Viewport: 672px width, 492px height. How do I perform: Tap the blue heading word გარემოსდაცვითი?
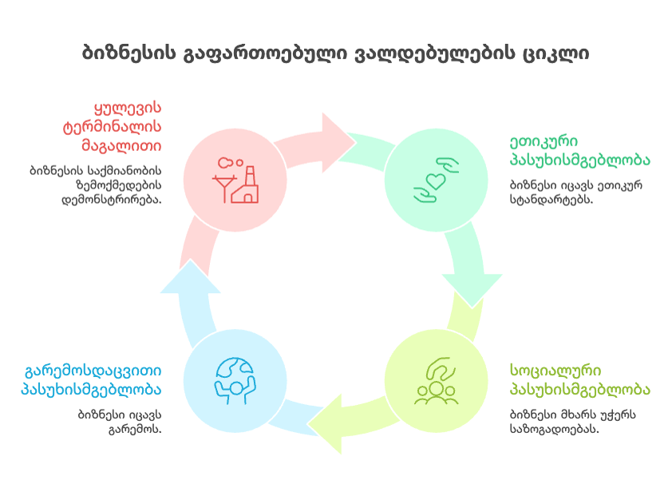point(93,371)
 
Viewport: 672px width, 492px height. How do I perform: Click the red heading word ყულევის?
point(128,107)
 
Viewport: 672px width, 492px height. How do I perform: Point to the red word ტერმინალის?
point(112,127)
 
